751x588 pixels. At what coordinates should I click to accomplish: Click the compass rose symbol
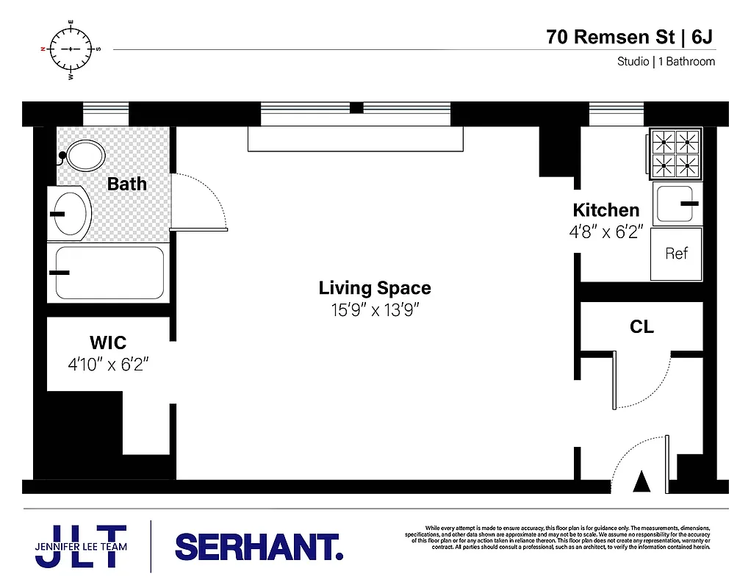pyautogui.click(x=71, y=49)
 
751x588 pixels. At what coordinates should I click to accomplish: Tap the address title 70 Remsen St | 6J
pyautogui.click(x=630, y=36)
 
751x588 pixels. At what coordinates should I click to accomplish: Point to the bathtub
pyautogui.click(x=110, y=273)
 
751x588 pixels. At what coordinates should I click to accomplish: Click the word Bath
pyautogui.click(x=127, y=184)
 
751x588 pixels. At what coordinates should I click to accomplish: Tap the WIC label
pyautogui.click(x=108, y=343)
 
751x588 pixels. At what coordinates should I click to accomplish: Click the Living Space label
pyautogui.click(x=375, y=288)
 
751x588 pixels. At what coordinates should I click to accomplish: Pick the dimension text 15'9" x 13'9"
pyautogui.click(x=375, y=309)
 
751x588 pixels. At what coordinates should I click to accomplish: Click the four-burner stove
pyautogui.click(x=675, y=154)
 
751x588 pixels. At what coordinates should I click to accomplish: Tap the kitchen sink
pyautogui.click(x=678, y=204)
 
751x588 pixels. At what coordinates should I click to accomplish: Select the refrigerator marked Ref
pyautogui.click(x=676, y=254)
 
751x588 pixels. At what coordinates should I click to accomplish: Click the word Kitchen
pyautogui.click(x=606, y=209)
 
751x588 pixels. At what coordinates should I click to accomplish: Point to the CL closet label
pyautogui.click(x=642, y=327)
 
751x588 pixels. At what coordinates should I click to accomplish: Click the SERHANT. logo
pyautogui.click(x=259, y=547)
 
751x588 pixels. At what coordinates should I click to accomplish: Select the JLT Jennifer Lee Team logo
pyautogui.click(x=81, y=546)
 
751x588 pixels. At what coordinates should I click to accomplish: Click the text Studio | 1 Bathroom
pyautogui.click(x=666, y=62)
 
